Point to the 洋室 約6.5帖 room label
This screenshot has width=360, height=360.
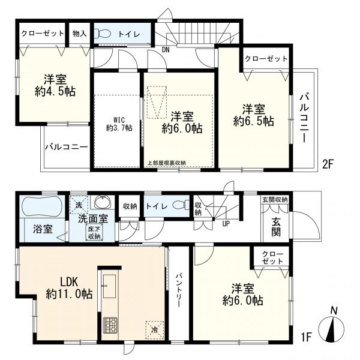coord(253,115)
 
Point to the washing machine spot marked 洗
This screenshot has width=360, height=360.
coord(77,204)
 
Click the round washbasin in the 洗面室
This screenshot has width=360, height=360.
coord(100,202)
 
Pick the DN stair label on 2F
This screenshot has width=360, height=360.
coord(166,50)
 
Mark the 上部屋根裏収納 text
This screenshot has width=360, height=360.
coord(167,163)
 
